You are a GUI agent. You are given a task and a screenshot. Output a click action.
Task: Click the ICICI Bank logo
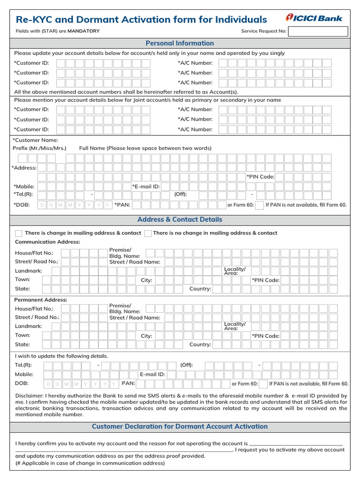tap(314, 18)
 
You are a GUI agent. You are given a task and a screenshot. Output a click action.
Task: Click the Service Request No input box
tap(318, 31)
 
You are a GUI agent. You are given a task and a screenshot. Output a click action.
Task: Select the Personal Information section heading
tap(180, 43)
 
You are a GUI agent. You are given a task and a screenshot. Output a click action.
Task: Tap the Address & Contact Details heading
tap(180, 219)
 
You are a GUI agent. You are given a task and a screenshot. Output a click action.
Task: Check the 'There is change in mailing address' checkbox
tap(19, 233)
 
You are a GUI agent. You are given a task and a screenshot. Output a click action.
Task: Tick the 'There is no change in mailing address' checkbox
tap(148, 233)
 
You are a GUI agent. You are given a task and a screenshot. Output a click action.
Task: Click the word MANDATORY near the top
tap(83, 31)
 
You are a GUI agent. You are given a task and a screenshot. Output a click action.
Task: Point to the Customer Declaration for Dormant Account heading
tap(180, 427)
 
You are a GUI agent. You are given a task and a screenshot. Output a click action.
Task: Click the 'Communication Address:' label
tap(47, 242)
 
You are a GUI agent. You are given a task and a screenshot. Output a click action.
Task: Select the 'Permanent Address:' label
tap(41, 300)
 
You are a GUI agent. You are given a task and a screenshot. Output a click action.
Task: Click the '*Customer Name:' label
tap(35, 140)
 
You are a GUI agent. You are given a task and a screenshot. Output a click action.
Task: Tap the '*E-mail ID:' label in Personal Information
tap(146, 186)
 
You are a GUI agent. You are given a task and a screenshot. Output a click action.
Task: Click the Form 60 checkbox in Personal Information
tap(259, 205)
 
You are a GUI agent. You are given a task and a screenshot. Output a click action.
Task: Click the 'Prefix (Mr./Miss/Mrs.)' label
tap(39, 148)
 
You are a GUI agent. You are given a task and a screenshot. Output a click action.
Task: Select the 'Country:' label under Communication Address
tap(200, 289)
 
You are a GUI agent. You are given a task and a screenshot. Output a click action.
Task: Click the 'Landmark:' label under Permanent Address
tap(29, 326)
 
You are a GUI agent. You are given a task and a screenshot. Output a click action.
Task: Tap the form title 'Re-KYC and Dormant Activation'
tap(141, 20)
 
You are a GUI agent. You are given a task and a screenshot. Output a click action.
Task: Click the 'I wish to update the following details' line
tap(61, 356)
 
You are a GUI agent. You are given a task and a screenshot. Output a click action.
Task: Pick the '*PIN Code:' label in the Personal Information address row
tap(260, 177)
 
